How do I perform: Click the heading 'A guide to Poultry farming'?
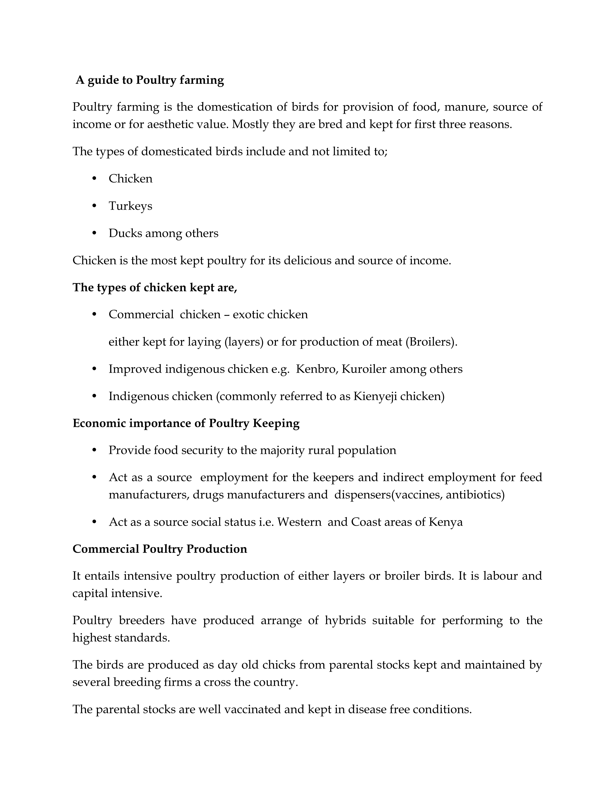(x=150, y=80)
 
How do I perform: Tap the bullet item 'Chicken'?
(x=130, y=179)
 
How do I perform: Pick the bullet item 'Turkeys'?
(x=130, y=206)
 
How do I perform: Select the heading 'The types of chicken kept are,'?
(x=155, y=288)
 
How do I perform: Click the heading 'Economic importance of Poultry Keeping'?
(x=186, y=423)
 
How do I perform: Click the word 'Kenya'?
(x=446, y=522)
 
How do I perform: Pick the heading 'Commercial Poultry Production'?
(x=160, y=549)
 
